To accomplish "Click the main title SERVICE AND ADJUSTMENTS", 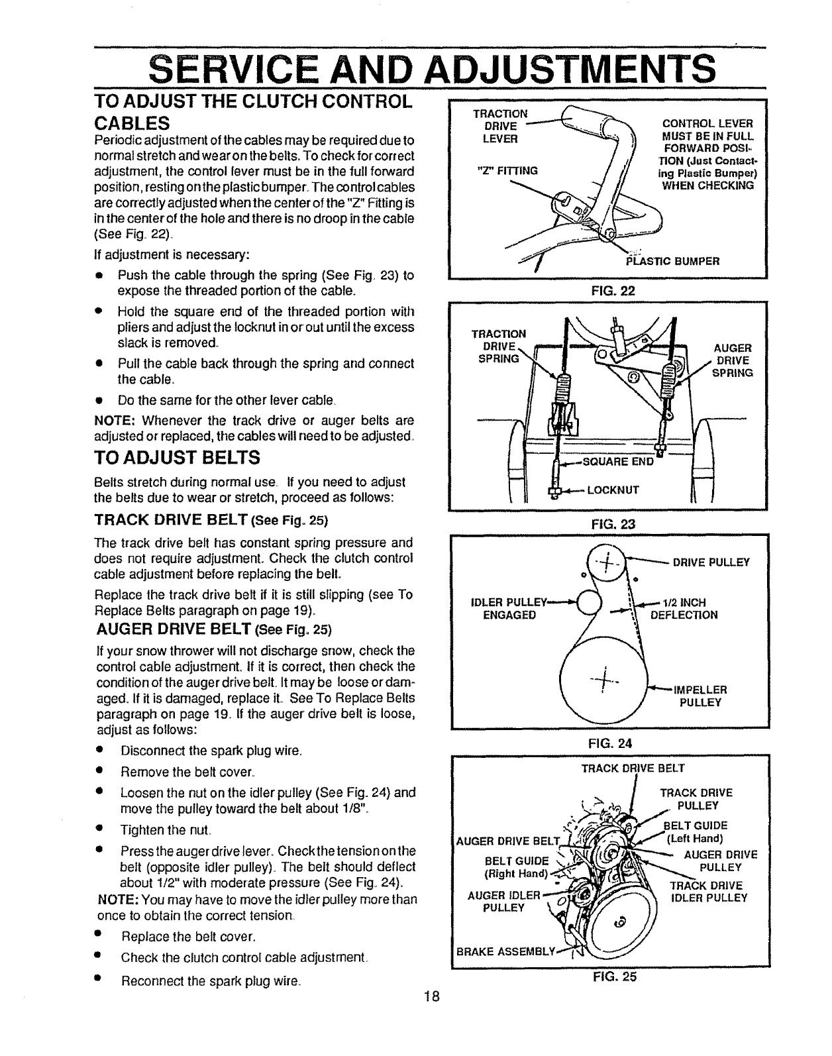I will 432,68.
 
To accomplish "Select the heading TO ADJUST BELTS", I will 178,457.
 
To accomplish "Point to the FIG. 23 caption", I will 607,523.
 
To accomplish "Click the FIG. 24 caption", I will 607,743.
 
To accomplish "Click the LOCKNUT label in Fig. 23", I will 613,490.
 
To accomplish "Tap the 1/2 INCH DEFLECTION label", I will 684,608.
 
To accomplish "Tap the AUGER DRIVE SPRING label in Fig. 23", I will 732,360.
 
